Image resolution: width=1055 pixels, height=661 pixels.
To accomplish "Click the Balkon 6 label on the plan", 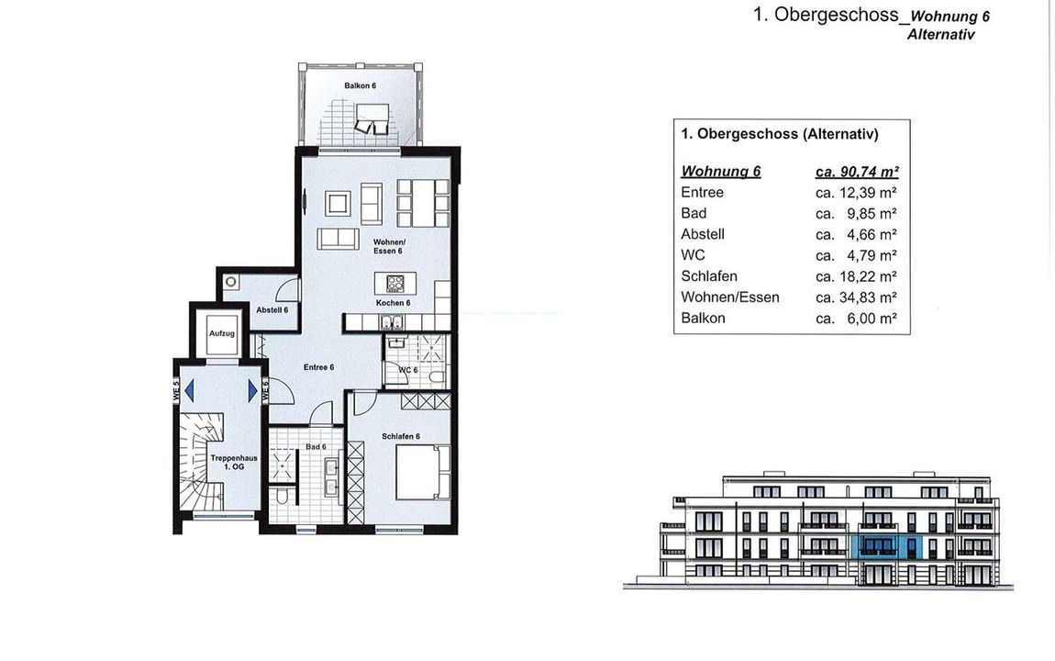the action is coord(360,85).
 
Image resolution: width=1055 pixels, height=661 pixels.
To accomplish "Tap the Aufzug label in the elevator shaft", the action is coord(222,333).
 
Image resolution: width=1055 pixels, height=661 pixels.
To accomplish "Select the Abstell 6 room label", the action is coord(272,309).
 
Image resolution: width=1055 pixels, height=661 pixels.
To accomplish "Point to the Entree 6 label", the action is coord(318,367).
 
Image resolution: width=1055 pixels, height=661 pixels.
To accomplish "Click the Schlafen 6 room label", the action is coord(401,436).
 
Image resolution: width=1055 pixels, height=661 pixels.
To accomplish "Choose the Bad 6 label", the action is coord(316,447).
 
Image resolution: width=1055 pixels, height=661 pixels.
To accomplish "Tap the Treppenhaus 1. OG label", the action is coord(234,463).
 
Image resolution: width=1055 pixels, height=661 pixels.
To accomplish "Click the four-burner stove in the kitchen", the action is coord(395,283).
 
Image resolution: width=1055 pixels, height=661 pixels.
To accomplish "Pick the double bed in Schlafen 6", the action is coord(423,472).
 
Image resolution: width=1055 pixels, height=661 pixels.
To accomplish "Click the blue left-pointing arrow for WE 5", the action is coord(189,390).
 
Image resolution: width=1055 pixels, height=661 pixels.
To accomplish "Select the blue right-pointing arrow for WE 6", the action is coord(252,390).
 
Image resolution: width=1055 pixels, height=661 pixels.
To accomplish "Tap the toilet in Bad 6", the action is coord(283,496).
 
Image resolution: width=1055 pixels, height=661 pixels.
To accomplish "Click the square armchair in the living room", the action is coord(338,203).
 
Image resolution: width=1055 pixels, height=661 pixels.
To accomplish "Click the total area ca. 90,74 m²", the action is coord(857,172).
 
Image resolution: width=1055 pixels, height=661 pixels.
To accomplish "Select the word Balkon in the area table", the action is coord(703,319).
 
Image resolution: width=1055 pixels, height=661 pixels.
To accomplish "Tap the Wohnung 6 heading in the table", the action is coord(720,172).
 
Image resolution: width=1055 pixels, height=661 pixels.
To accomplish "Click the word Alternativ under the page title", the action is coord(940,34).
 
